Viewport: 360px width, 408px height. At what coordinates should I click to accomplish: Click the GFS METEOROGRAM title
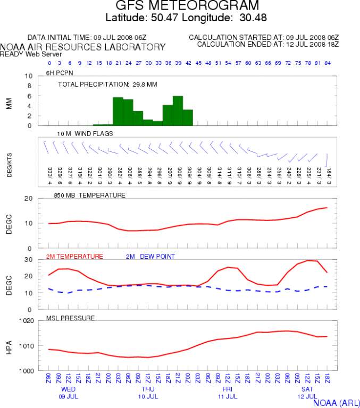(x=188, y=6)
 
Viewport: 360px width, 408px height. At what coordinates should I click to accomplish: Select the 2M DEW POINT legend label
(x=150, y=257)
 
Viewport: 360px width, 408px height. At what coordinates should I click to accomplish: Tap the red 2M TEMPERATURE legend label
(x=74, y=257)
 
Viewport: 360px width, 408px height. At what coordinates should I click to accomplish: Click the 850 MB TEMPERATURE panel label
(x=89, y=195)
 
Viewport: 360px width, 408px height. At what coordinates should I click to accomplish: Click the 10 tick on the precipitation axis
(x=29, y=76)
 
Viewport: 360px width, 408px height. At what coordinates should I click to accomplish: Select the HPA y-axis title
(x=9, y=346)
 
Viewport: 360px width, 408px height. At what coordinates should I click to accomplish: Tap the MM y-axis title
(x=9, y=101)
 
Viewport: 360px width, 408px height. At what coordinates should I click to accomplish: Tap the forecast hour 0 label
(x=49, y=63)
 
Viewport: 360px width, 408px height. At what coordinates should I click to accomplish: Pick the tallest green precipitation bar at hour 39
(x=178, y=110)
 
